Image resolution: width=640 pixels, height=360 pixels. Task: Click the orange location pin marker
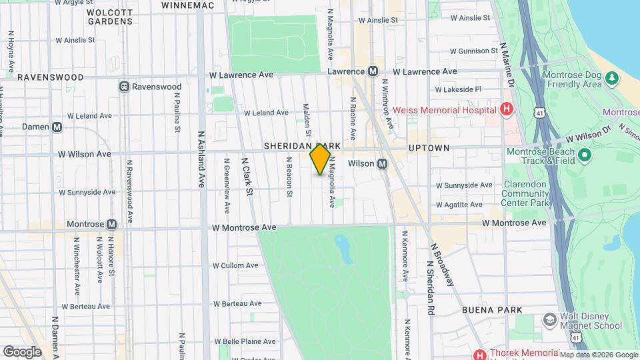click(321, 160)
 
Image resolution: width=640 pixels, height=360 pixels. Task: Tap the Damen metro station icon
click(57, 127)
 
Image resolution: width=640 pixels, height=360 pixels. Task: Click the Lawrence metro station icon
click(373, 71)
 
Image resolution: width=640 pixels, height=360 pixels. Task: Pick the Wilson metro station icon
click(383, 163)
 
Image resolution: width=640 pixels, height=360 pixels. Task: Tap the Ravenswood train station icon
click(124, 87)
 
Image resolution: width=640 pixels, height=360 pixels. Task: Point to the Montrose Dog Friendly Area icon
click(612, 79)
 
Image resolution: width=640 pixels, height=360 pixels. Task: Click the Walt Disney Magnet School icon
click(550, 320)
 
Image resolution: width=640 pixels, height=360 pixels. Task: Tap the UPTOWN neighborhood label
click(429, 147)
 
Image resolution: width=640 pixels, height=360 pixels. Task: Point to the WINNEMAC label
click(187, 5)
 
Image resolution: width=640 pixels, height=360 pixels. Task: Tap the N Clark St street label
click(247, 176)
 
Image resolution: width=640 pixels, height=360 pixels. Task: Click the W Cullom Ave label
click(235, 265)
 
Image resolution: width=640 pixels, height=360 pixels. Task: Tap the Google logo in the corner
click(22, 351)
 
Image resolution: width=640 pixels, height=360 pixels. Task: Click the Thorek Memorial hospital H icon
click(479, 354)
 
